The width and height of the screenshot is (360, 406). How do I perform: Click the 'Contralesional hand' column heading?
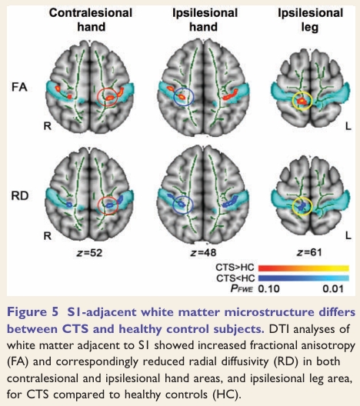[x=91, y=20]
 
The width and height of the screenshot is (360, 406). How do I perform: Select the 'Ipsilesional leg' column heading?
[x=310, y=20]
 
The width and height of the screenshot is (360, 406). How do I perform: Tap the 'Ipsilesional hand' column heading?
[x=205, y=20]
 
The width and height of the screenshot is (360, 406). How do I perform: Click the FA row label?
[x=19, y=87]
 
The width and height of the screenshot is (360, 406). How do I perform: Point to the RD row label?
[x=20, y=196]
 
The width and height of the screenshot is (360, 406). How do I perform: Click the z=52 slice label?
[x=89, y=253]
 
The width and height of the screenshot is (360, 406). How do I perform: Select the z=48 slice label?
[x=203, y=252]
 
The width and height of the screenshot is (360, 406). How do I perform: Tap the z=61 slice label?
[x=309, y=252]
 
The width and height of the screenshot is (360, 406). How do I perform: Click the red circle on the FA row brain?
[x=98, y=97]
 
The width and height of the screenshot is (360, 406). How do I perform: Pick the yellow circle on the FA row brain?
[x=292, y=101]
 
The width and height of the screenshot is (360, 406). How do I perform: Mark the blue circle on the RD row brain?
[x=173, y=205]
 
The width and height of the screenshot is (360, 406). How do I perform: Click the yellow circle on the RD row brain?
[x=292, y=206]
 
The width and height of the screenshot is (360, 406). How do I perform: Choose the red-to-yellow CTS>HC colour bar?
[x=304, y=268]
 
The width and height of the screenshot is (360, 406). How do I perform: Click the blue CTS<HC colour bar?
[x=304, y=278]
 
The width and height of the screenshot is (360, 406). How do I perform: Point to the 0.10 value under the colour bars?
[x=268, y=288]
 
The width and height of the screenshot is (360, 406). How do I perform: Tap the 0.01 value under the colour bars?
[x=333, y=288]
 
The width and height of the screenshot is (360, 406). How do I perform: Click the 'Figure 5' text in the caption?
[x=33, y=312]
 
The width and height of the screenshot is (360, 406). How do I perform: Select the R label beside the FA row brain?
[x=48, y=126]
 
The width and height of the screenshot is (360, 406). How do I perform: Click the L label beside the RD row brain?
[x=348, y=235]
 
